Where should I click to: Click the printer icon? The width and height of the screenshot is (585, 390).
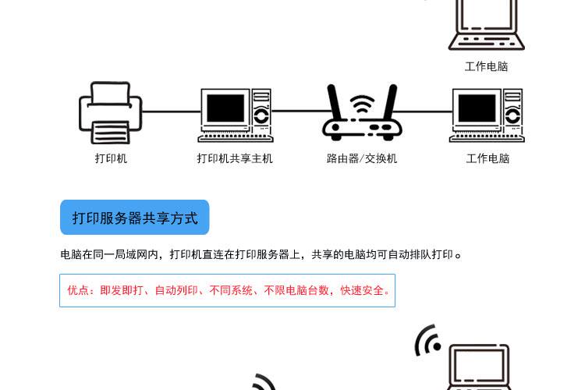(111, 113)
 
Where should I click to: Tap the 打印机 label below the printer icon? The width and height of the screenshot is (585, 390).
(111, 158)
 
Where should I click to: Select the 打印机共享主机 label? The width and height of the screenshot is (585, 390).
(235, 158)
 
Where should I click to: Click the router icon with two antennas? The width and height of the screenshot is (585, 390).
(361, 115)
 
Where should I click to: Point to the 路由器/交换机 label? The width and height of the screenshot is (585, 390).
(362, 158)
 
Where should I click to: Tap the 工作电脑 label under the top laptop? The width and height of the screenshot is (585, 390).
(486, 66)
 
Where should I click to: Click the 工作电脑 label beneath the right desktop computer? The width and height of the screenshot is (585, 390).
(487, 158)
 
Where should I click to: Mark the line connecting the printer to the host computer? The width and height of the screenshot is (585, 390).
(171, 112)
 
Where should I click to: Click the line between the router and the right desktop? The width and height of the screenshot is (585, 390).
(426, 112)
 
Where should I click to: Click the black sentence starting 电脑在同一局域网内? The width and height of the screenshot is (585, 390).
(261, 254)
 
